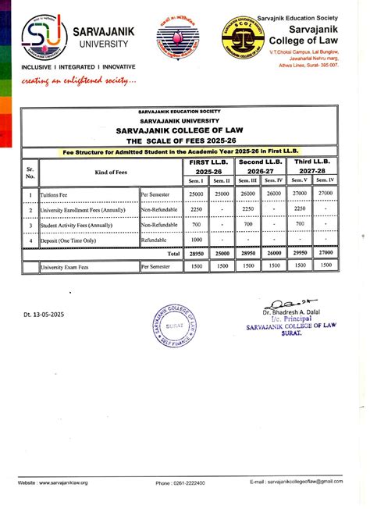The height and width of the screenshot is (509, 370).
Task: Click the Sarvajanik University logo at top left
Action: click(x=39, y=36)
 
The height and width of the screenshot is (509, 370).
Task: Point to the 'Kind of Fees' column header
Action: click(x=89, y=171)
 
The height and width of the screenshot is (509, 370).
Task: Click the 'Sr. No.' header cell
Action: click(x=30, y=171)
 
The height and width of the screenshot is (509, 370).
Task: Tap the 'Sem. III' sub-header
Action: click(x=247, y=180)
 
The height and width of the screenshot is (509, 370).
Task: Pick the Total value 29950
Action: click(x=299, y=254)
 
